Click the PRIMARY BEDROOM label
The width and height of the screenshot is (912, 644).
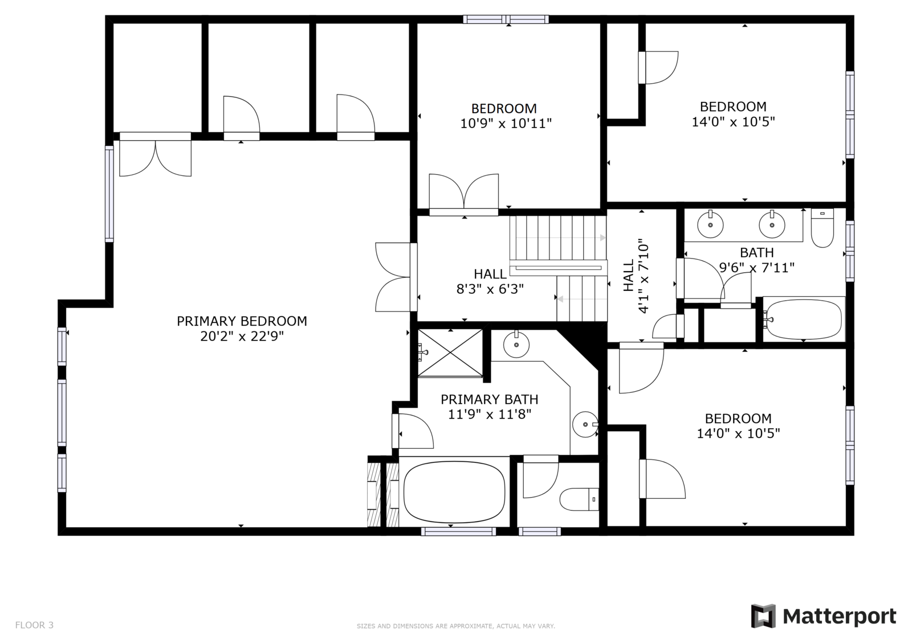242,321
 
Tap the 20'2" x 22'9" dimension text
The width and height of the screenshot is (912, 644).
242,337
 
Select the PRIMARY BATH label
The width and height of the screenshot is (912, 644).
490,400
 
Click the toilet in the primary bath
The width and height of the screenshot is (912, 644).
579,499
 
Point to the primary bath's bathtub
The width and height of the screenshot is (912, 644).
454,492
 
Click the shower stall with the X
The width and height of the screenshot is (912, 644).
450,353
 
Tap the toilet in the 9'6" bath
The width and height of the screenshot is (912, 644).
823,228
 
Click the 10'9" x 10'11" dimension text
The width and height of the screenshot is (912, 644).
506,123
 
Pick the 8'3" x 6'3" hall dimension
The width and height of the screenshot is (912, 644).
490,289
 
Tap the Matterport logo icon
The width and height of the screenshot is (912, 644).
763,616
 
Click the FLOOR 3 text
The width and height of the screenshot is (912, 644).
34,625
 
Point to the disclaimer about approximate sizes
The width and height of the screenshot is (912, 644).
455,626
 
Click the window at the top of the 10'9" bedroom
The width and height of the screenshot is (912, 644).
506,19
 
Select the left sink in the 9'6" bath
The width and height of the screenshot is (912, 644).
710,224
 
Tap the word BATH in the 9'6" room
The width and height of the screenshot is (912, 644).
756,253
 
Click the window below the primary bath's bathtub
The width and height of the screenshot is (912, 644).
458,531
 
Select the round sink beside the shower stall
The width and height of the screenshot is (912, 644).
516,344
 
